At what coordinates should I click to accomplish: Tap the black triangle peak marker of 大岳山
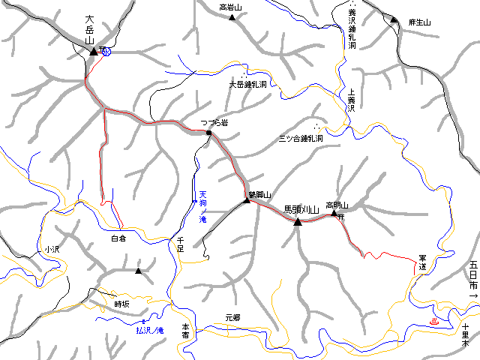[94, 51]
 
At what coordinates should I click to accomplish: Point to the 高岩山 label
[231, 7]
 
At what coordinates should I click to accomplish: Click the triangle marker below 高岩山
[232, 16]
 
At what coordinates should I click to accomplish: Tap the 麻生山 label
[420, 22]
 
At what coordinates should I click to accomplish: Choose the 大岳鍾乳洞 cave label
[247, 85]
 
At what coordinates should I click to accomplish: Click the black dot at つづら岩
[208, 133]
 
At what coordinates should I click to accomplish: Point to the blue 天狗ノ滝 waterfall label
[202, 210]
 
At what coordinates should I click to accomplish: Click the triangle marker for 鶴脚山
[247, 199]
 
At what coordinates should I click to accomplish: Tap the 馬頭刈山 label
[301, 209]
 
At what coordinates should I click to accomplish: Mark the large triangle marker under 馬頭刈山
[298, 221]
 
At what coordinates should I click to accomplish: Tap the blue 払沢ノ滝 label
[149, 329]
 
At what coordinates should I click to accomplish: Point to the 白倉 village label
[118, 238]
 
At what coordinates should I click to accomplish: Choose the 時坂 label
[121, 304]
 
